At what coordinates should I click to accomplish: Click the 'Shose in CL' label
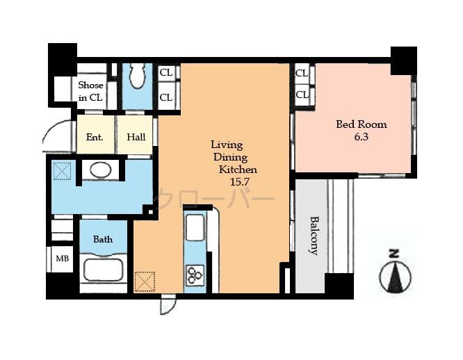[90, 91]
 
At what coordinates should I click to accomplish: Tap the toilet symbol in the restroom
[137, 76]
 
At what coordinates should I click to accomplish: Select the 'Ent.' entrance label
[95, 137]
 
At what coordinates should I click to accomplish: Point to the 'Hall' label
[136, 137]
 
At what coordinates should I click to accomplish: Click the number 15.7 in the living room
[240, 181]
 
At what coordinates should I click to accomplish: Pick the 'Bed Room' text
[361, 124]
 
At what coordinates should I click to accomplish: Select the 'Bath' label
[103, 239]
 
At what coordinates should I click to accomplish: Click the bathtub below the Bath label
[102, 269]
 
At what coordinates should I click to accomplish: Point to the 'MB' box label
[63, 259]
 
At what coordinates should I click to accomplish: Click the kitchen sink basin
[195, 228]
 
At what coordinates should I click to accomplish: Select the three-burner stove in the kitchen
[195, 275]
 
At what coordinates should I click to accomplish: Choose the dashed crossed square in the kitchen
[144, 281]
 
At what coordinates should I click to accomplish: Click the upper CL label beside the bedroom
[302, 72]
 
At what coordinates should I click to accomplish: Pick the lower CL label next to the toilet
[166, 97]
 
